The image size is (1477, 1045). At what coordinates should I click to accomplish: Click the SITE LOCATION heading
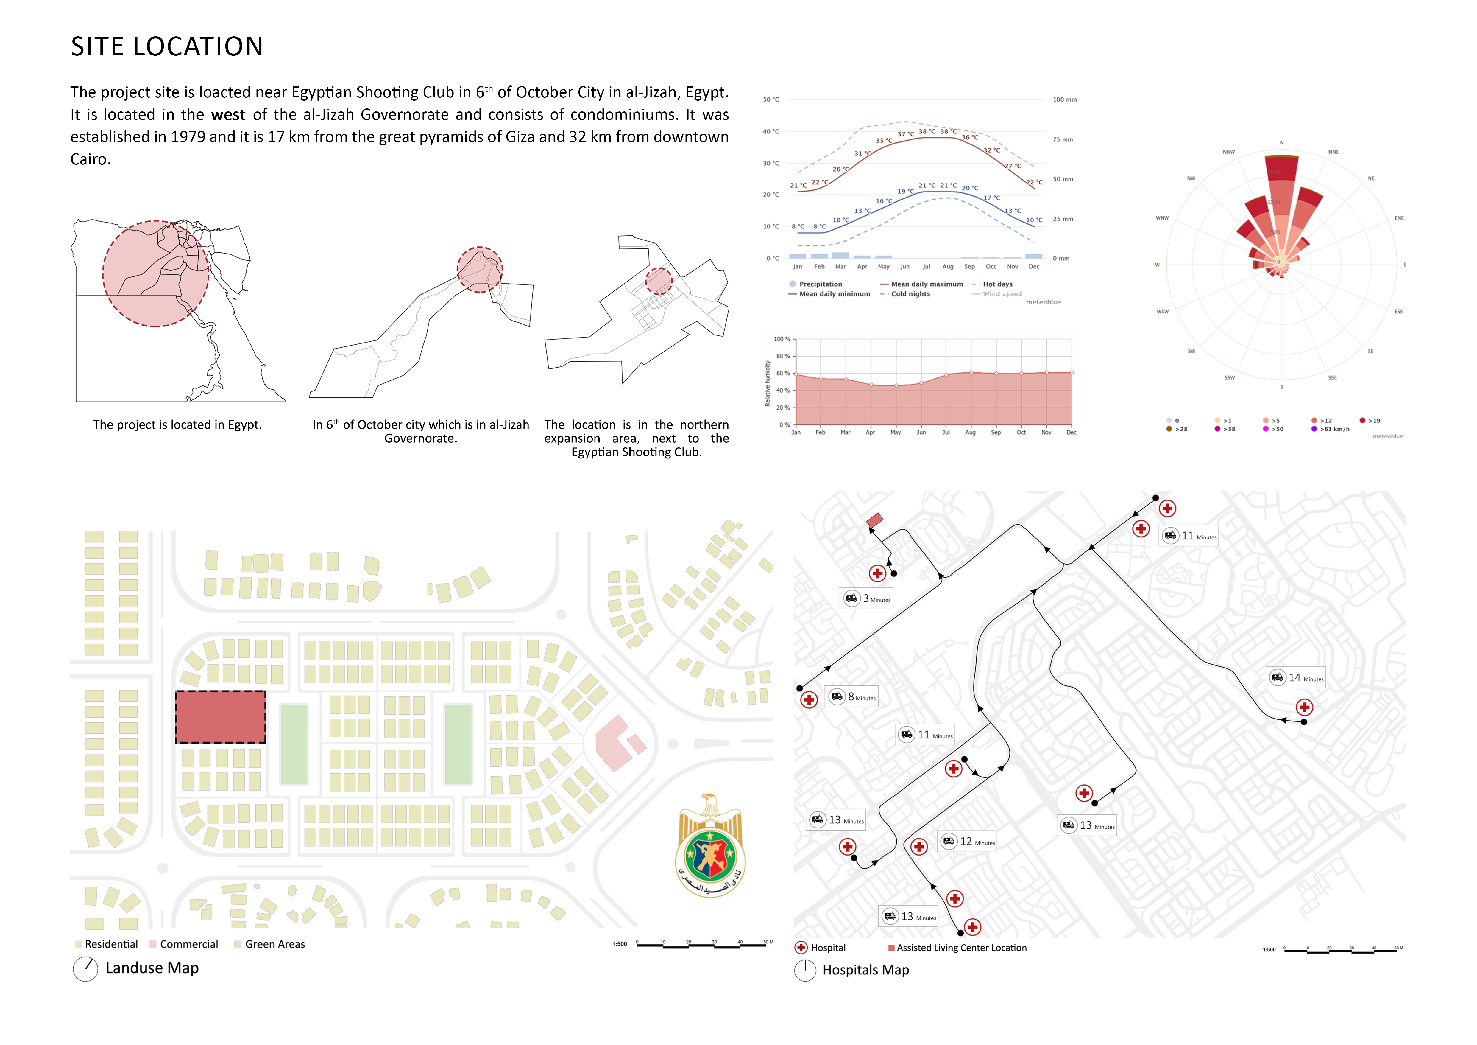pos(167,47)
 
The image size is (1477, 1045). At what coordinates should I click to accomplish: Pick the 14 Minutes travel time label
pos(1296,678)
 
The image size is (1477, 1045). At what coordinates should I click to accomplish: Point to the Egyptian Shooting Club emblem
pos(710,847)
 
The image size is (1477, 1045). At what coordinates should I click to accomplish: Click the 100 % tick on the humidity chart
pos(782,339)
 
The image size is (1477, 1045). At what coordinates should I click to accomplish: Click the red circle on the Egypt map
pos(156,273)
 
